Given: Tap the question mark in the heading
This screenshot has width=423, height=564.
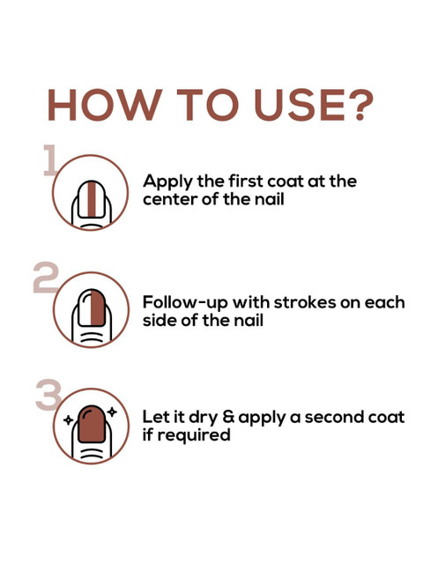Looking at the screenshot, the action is (359, 105).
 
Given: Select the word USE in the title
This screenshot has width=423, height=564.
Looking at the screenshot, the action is (300, 105).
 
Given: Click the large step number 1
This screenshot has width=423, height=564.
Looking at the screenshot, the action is (49, 160).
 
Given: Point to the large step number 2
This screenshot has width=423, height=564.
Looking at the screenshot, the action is (45, 278).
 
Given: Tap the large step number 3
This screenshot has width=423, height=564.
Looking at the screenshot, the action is (48, 395).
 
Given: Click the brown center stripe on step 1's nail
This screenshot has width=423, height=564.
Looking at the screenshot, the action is (92, 200).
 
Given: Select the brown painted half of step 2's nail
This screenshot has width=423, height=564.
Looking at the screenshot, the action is (98, 308).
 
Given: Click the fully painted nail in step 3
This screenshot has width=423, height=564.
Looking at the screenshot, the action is (92, 424).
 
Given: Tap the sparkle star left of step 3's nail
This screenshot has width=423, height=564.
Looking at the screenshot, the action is (68, 419).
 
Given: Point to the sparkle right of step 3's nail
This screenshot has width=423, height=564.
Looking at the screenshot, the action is (112, 412).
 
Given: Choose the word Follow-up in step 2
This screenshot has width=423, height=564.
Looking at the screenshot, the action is (186, 303).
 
